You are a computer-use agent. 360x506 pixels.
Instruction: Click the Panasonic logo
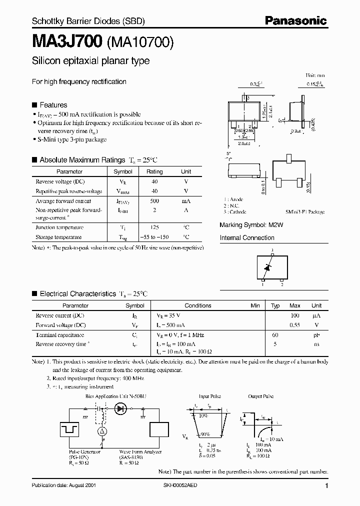tap(295, 20)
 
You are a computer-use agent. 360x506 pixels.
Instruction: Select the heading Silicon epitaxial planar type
tap(90, 61)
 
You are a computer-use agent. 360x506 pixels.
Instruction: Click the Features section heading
tap(53, 105)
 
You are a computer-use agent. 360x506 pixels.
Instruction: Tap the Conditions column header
tap(198, 305)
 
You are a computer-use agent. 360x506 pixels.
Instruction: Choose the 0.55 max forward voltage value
tap(295, 325)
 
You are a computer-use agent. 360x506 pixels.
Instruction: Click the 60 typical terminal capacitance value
tap(275, 335)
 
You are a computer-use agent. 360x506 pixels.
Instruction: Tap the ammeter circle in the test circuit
tap(101, 431)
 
